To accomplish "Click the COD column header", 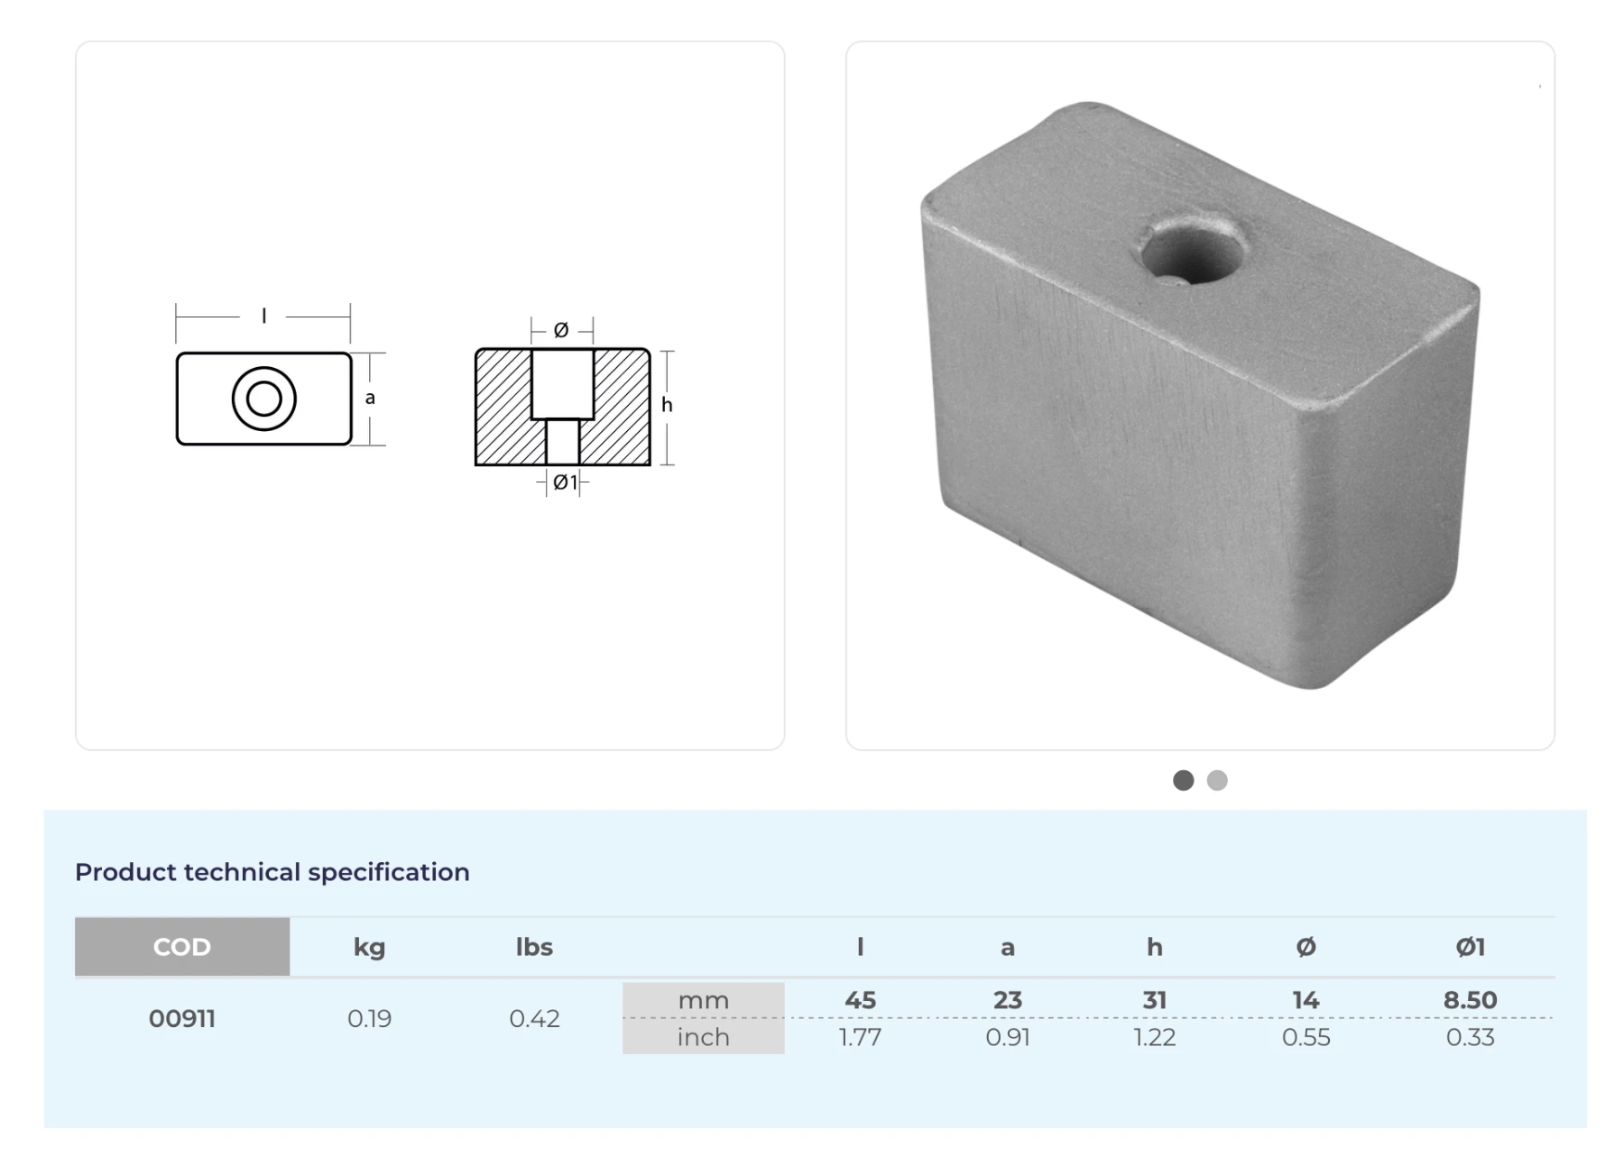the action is coord(182,947).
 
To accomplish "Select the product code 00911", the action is coord(182,1019).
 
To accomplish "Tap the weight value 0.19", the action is coord(369,1019).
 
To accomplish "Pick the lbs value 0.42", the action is coord(534,1019).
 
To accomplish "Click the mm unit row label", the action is coord(704,1000).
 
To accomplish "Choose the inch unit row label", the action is coord(704,1037).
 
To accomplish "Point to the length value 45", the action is coord(860,1000).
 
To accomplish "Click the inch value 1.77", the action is coord(860,1037).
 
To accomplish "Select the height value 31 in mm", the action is coord(1155,1000).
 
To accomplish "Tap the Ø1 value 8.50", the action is coord(1470,1000).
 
